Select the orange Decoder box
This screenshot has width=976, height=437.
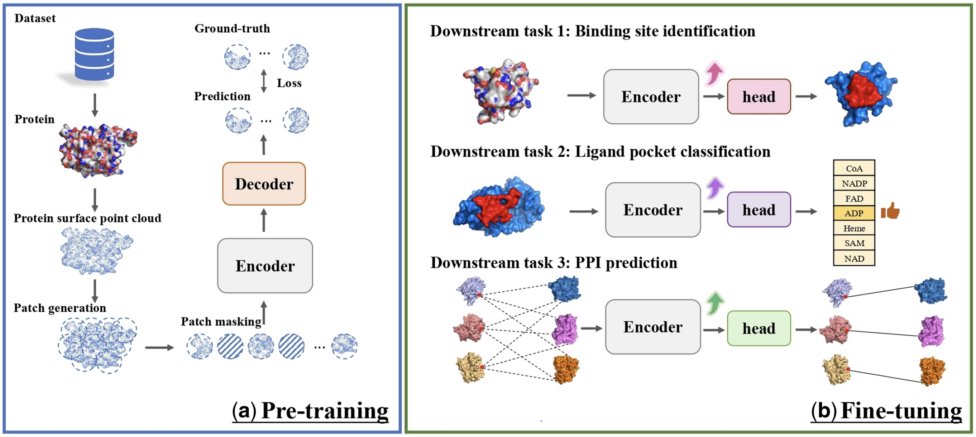click(264, 184)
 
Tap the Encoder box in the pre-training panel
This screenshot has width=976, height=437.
click(265, 266)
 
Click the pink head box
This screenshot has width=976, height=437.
click(759, 97)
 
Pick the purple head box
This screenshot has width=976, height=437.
click(759, 210)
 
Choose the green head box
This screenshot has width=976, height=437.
click(759, 328)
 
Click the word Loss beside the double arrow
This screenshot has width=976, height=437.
click(289, 83)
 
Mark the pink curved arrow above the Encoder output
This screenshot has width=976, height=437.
click(714, 73)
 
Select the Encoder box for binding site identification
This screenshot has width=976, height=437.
click(651, 97)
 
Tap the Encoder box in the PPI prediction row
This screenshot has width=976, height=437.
click(652, 327)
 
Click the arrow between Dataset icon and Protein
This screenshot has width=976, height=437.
click(95, 105)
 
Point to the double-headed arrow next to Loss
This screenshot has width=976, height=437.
click(264, 81)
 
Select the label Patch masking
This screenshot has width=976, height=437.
click(221, 322)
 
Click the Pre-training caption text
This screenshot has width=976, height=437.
click(324, 410)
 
